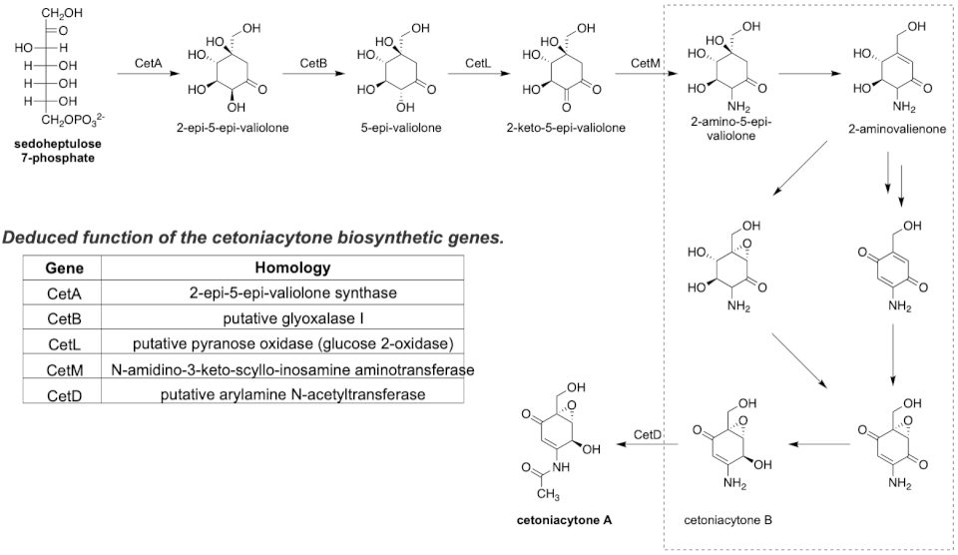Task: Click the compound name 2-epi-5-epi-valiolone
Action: pos(229,128)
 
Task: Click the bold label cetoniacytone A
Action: pos(565,519)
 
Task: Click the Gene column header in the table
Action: pos(63,268)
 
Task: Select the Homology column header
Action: pos(292,268)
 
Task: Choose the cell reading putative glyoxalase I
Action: pos(292,319)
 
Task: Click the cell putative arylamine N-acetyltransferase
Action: pos(292,395)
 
